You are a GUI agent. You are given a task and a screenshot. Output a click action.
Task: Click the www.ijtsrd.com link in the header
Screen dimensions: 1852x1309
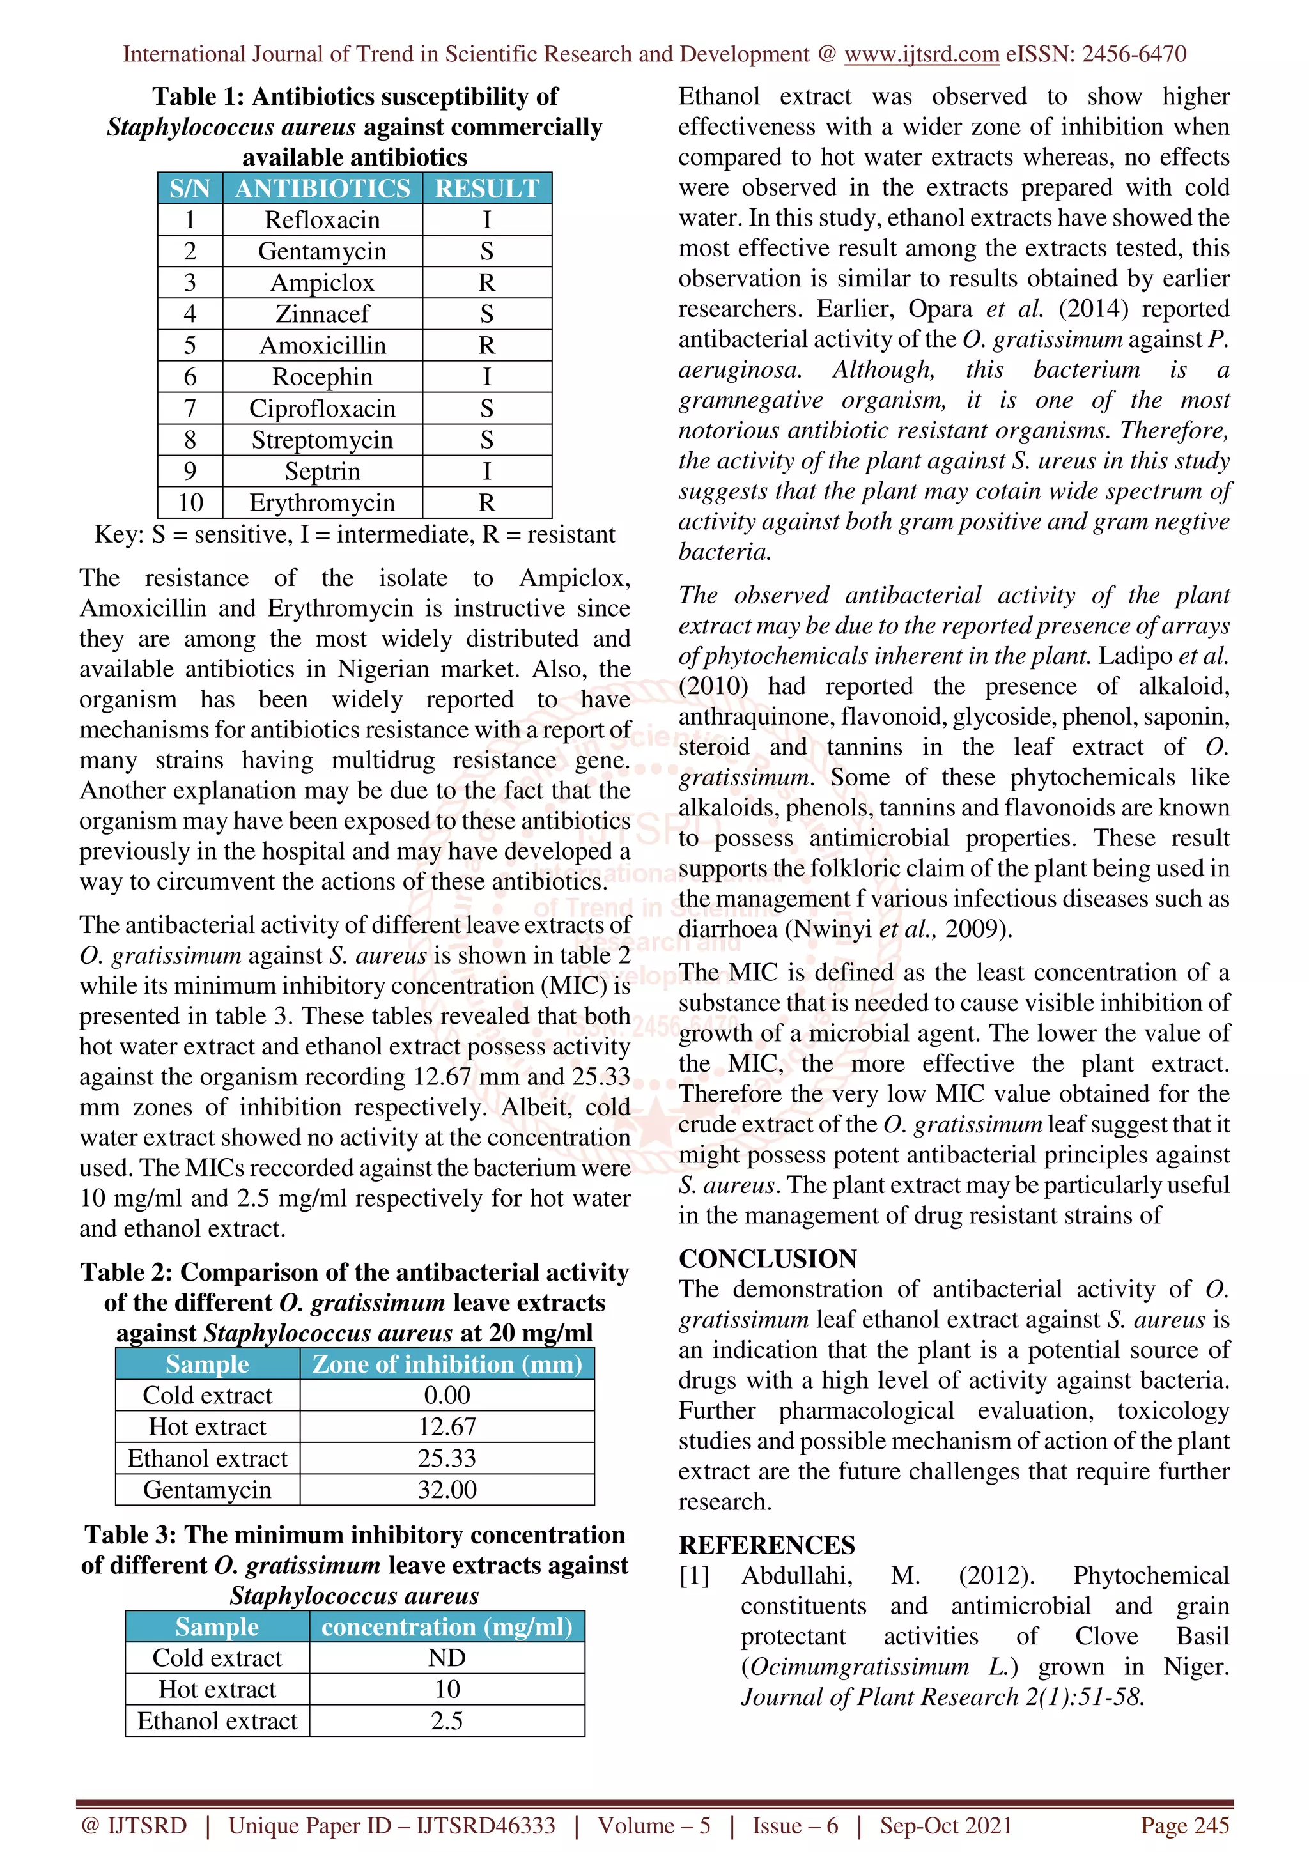921,54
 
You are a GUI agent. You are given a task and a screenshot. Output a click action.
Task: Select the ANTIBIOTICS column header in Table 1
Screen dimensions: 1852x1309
323,188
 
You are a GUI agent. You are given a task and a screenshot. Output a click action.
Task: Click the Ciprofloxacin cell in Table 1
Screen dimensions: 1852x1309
323,408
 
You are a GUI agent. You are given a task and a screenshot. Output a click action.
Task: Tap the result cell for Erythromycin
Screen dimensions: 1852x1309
486,502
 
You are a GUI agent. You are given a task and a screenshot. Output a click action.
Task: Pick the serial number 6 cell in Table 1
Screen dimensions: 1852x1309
190,376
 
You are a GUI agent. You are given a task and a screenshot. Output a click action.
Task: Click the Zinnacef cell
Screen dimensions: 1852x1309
323,314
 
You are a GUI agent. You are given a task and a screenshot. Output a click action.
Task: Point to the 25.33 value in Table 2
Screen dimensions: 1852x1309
447,1458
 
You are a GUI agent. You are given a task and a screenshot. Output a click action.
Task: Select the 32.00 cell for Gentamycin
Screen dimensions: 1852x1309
447,1489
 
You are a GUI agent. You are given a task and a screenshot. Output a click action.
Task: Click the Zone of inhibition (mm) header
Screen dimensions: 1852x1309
447,1364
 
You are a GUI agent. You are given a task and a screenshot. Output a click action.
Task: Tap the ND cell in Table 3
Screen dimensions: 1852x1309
447,1658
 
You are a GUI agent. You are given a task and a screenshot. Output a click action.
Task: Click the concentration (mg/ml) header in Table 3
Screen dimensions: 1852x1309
447,1627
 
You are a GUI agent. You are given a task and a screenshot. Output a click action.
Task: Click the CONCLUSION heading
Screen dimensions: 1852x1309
767,1258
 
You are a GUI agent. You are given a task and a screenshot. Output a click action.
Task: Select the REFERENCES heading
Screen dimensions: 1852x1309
766,1545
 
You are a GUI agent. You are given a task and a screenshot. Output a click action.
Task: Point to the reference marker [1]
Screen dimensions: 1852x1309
693,1575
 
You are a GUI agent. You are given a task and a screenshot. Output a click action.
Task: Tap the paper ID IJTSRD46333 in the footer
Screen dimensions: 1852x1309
486,1825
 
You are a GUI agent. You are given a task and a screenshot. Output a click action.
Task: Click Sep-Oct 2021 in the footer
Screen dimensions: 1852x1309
945,1825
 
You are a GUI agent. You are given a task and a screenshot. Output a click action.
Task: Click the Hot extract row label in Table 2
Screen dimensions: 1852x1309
207,1426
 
